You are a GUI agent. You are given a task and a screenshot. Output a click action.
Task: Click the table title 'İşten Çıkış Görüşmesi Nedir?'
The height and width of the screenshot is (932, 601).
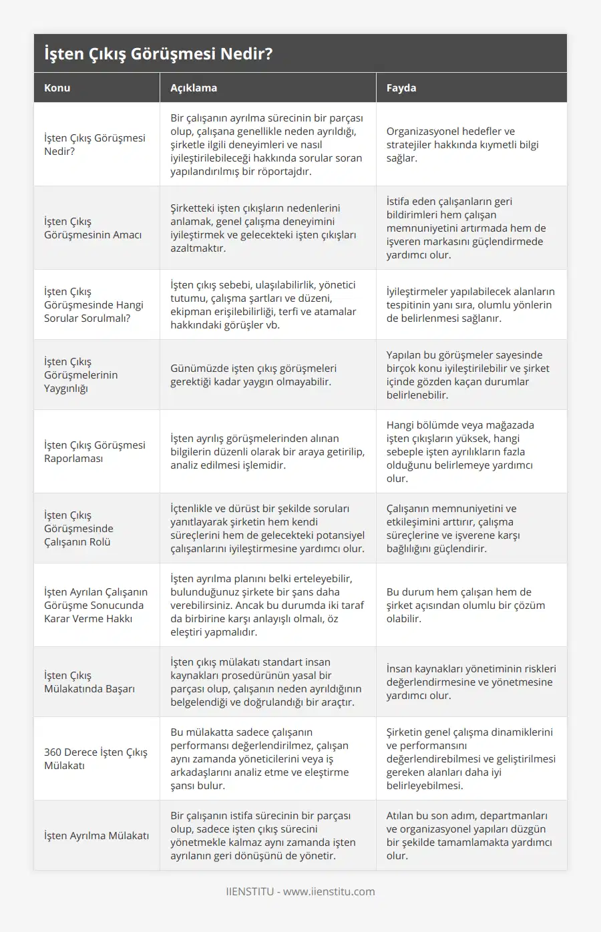click(x=158, y=53)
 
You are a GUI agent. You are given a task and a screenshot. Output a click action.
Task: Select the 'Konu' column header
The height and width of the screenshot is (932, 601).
click(x=57, y=87)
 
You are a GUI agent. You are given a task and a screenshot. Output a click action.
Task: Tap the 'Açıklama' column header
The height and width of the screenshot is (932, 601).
click(x=194, y=87)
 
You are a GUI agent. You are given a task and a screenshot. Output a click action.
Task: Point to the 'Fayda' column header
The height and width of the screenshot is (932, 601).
click(x=401, y=87)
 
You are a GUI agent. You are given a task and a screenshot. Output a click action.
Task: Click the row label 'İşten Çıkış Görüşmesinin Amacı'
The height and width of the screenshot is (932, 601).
click(x=93, y=228)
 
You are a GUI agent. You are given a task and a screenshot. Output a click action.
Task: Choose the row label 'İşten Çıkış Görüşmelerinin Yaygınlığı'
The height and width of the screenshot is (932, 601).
click(x=81, y=375)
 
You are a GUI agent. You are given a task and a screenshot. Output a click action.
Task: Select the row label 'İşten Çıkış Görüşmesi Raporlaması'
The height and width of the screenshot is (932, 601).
click(x=94, y=451)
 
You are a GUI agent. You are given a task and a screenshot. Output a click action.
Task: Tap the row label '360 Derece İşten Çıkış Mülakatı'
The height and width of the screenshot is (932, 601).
click(x=95, y=758)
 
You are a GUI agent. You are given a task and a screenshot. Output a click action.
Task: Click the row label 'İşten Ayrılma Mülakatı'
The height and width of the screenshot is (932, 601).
click(x=96, y=835)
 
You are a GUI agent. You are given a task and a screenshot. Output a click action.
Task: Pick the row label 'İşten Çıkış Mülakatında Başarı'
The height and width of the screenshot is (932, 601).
click(x=89, y=682)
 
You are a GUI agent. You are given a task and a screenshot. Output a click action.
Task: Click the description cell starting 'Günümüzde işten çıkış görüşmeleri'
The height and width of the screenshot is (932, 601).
click(x=253, y=375)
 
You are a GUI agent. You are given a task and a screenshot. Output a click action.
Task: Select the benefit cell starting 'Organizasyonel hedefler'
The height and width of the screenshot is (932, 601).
click(x=462, y=144)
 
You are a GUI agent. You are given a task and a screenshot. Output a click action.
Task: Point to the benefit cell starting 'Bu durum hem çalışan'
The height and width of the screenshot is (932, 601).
click(x=465, y=605)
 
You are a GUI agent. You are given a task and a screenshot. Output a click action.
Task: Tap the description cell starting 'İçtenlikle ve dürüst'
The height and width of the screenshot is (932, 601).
click(x=267, y=528)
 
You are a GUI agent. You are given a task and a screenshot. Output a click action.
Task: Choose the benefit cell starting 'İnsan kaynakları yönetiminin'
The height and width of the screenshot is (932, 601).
click(x=471, y=682)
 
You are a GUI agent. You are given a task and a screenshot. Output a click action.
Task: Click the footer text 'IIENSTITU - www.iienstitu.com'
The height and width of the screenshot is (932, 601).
click(x=300, y=891)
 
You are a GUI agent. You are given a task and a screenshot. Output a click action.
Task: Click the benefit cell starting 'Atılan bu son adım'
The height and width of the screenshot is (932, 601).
click(x=469, y=835)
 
